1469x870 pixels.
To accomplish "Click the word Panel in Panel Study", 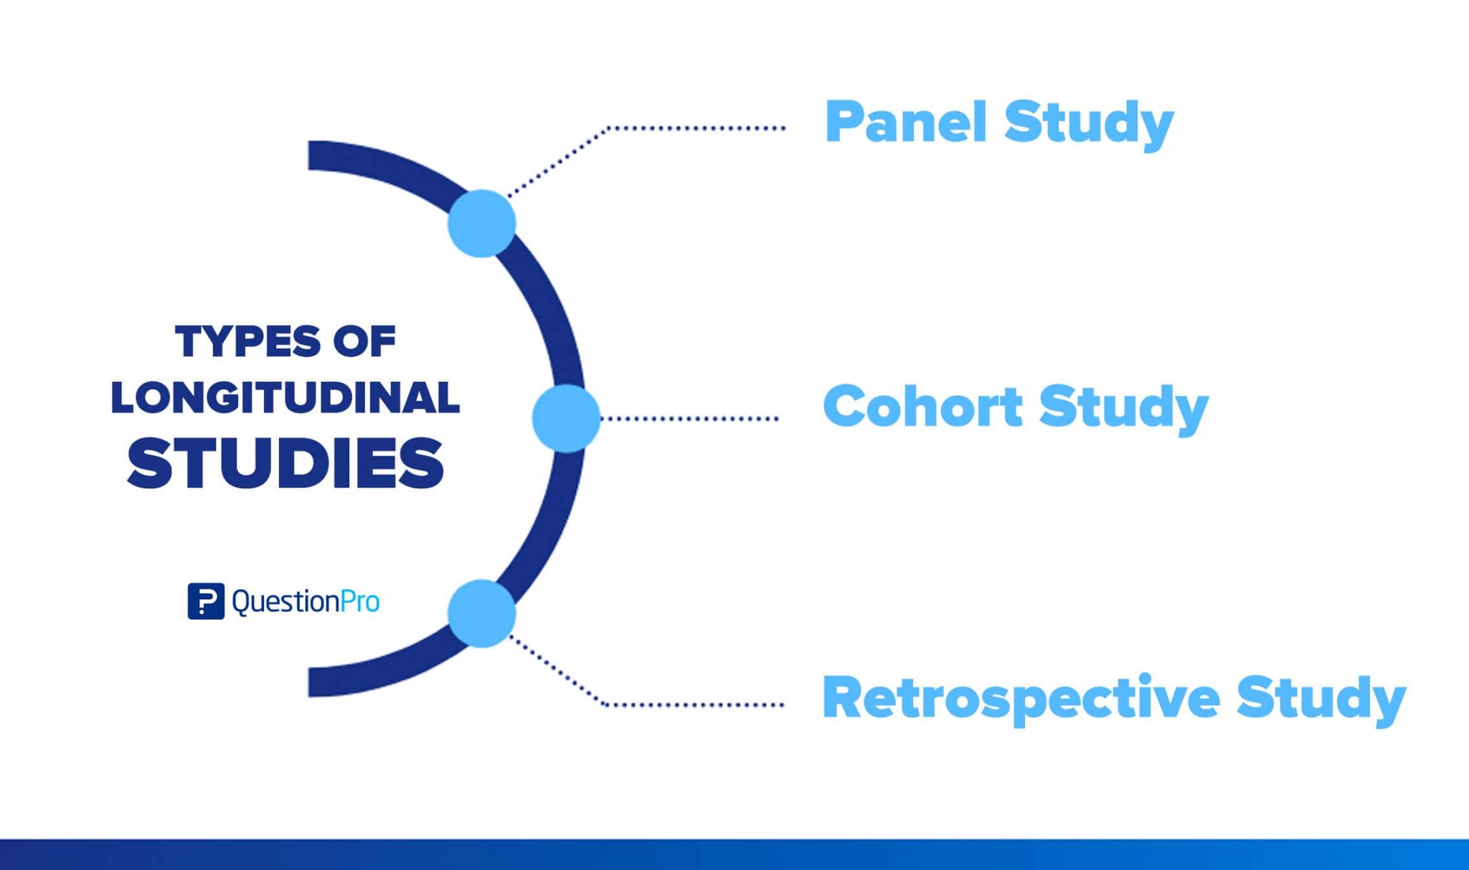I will (x=905, y=122).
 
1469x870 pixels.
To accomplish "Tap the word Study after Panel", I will (x=1088, y=123).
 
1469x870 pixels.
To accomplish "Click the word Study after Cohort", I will (x=1123, y=408).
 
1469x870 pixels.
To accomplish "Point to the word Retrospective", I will (x=1021, y=699).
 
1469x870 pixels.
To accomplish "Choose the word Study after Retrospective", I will (x=1321, y=699).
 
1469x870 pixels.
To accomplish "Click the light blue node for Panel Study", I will (x=482, y=223).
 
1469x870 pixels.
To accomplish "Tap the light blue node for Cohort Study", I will (x=566, y=418).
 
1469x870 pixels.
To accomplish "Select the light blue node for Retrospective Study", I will (x=482, y=613).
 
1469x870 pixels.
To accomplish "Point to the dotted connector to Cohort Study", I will (x=689, y=418).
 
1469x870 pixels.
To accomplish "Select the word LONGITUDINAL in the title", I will (x=285, y=398).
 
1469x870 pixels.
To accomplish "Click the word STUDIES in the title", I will (x=285, y=463).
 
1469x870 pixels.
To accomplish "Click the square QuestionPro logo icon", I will (x=206, y=601).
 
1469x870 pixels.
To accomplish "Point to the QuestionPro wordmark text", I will (x=306, y=601).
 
